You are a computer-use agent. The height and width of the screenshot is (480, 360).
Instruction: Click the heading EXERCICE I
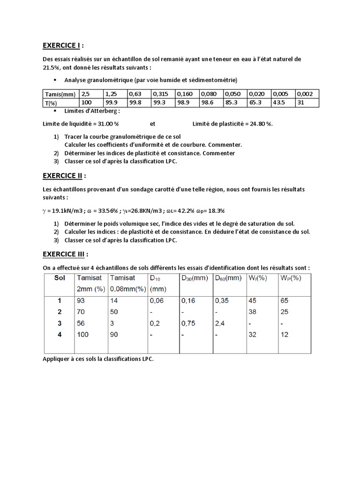(61, 45)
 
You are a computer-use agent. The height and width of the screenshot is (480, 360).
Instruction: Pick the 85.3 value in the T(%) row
(232, 102)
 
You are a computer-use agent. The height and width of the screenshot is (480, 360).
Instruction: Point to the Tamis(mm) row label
(60, 93)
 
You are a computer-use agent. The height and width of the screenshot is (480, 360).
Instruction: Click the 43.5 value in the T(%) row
(281, 102)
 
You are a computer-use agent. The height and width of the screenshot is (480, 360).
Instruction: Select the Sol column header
(59, 278)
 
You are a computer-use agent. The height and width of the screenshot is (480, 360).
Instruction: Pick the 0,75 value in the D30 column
(188, 323)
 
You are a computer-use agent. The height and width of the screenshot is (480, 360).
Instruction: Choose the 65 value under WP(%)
(285, 300)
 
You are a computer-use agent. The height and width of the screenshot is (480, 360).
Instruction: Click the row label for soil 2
(59, 312)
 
